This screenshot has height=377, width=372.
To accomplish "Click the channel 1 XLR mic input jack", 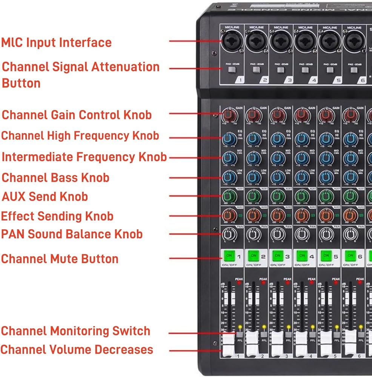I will tap(231, 41).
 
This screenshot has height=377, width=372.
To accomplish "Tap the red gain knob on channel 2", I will tap(253, 115).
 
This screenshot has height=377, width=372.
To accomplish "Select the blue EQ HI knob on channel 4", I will tap(302, 139).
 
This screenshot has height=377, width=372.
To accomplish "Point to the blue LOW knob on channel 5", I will tap(326, 177).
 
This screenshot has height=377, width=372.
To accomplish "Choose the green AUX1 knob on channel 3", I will tap(277, 196).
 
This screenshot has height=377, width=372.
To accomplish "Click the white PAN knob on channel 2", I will tap(253, 234).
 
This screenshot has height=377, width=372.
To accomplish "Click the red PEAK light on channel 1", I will tap(239, 282).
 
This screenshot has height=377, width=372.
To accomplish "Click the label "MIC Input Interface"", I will tap(56, 42).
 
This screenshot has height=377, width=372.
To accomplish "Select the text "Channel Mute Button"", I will tap(60, 259).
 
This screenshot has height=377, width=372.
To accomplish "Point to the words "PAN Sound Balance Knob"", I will tap(72, 234).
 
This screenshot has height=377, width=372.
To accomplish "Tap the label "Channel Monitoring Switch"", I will tap(75, 331).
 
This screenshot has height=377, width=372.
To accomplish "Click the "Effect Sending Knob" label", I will tap(57, 216).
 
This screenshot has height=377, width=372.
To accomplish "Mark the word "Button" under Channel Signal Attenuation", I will tap(21, 83).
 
